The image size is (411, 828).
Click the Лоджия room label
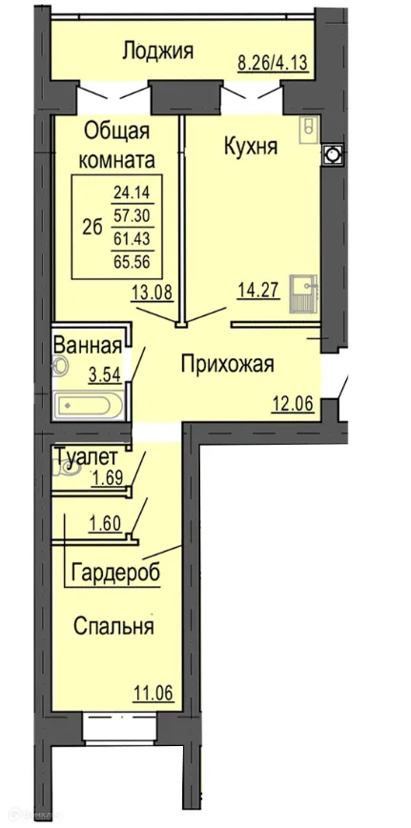click(x=157, y=50)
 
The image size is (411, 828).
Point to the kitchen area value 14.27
click(x=257, y=291)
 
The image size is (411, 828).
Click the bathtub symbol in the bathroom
click(x=89, y=406)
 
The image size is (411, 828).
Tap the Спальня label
click(x=113, y=627)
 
